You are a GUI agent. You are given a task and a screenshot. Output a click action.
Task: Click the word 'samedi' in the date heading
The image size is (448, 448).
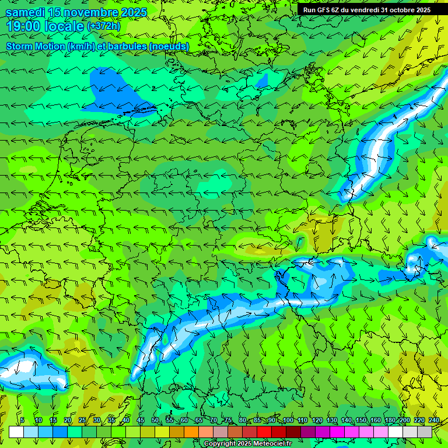tap(26, 12)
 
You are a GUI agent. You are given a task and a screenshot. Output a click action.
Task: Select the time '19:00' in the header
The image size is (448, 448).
tap(26, 26)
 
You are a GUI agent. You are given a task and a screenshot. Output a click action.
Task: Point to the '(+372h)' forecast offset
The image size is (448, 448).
tap(103, 26)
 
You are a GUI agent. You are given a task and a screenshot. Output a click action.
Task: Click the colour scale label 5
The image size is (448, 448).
tap(22, 420)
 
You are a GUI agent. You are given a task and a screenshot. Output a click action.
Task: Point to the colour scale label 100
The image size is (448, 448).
tap(288, 420)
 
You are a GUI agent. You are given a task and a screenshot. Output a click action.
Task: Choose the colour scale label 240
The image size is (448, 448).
tap(434, 420)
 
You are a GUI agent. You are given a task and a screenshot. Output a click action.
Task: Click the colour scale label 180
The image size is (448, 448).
tap(390, 420)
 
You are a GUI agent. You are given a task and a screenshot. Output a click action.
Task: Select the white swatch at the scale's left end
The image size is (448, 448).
tap(16, 431)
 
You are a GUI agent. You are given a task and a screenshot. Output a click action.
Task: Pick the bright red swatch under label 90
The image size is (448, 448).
tap(264, 431)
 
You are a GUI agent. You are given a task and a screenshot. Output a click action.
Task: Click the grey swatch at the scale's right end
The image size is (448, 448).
tap(425, 431)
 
